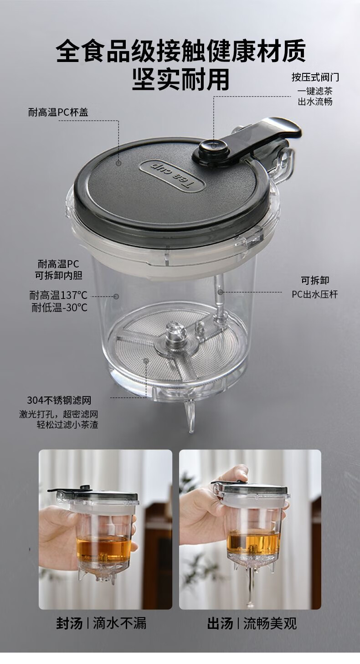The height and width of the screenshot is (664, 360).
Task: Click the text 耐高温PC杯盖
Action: click(x=58, y=112)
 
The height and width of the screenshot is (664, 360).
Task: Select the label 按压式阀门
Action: click(x=315, y=77)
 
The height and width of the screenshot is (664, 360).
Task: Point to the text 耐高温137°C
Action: click(x=58, y=295)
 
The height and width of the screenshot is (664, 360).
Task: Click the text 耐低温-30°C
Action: click(x=60, y=308)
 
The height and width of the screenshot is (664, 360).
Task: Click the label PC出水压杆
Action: click(x=315, y=294)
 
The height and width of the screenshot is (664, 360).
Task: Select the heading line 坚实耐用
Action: click(x=180, y=79)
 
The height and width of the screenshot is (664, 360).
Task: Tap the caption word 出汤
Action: click(x=220, y=623)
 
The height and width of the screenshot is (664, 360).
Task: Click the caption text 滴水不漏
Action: click(x=120, y=623)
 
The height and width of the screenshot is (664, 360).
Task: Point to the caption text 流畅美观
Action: click(x=270, y=623)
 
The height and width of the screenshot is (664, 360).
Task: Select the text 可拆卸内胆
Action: click(x=58, y=275)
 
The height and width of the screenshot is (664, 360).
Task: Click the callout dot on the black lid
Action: click(x=119, y=163)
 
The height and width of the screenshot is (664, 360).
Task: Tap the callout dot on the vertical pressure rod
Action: click(x=220, y=292)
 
